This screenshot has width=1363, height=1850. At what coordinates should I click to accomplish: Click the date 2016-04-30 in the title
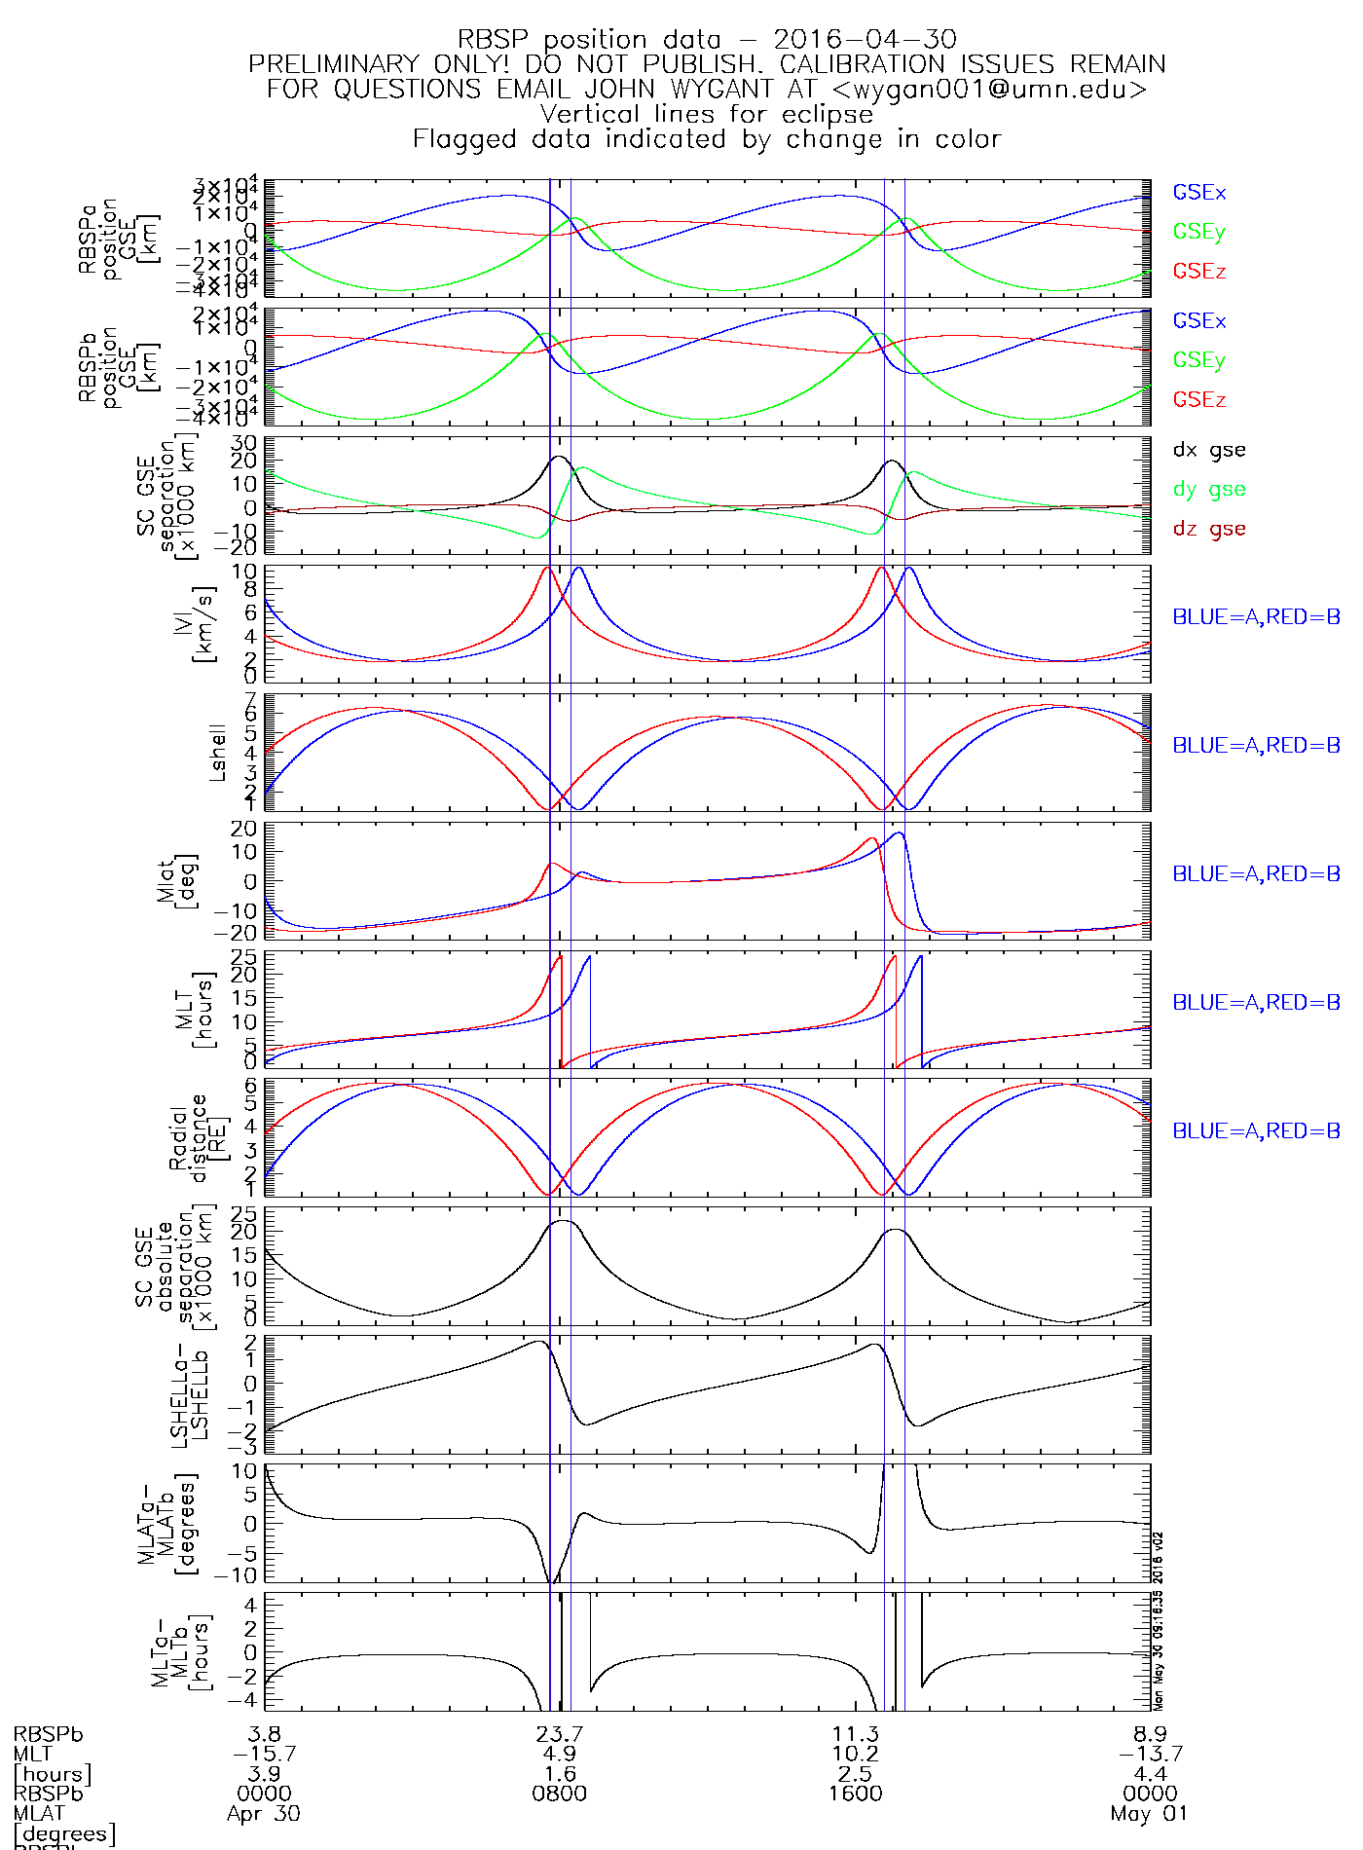865,40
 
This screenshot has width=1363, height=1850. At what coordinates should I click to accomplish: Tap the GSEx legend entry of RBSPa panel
1198,193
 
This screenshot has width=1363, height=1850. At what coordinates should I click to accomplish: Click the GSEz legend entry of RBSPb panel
1198,400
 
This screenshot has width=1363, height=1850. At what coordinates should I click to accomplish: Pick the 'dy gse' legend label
1208,490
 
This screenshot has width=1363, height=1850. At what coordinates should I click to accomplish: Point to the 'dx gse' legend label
1208,450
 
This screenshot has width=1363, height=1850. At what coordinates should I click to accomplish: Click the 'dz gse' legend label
1208,529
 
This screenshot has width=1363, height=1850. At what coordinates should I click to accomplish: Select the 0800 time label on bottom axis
560,1794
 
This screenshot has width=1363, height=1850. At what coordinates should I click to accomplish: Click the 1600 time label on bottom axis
856,1794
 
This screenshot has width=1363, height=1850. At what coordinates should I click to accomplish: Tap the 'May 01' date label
1149,1814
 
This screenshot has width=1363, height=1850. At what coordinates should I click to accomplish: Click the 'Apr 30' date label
264,1814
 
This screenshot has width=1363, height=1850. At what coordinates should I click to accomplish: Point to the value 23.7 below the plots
560,1734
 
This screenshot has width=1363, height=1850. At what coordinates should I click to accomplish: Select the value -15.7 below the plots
264,1754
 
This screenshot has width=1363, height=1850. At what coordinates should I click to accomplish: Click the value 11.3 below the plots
856,1734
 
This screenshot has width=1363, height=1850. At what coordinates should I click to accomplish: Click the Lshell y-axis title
218,752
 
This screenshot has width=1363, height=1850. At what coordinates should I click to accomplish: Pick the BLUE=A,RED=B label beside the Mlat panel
1256,874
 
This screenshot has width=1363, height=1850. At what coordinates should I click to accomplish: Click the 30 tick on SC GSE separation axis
243,443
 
